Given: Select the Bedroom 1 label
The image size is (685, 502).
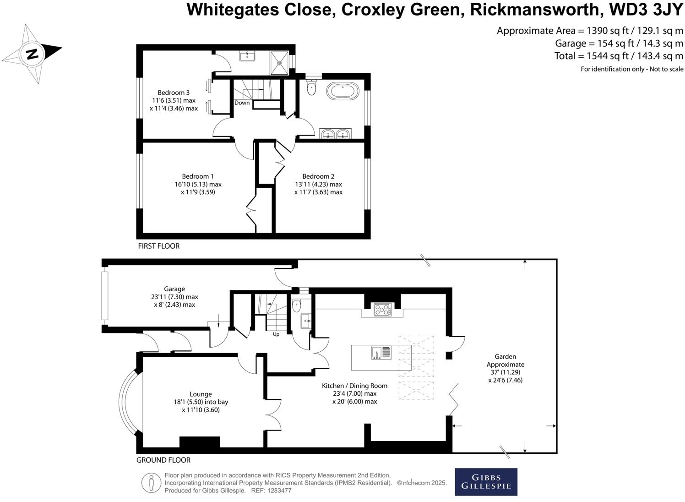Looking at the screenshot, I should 198,176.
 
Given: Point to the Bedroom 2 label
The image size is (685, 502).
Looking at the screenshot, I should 318,176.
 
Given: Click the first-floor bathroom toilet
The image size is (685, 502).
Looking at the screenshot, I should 311,87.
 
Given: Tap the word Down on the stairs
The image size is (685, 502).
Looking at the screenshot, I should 242,103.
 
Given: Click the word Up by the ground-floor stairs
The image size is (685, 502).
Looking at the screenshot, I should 276,334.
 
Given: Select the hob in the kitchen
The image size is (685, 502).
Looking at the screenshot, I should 383,310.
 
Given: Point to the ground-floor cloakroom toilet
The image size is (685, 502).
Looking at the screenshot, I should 296,305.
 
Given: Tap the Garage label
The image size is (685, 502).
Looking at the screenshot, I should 174,289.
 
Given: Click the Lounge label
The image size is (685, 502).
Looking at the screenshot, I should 201,394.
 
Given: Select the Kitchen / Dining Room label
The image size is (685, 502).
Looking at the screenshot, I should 354,386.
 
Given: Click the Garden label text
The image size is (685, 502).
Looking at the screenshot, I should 505,356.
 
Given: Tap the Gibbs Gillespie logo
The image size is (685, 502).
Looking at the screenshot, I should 486,482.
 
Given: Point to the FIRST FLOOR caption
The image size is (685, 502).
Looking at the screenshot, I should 159,246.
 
